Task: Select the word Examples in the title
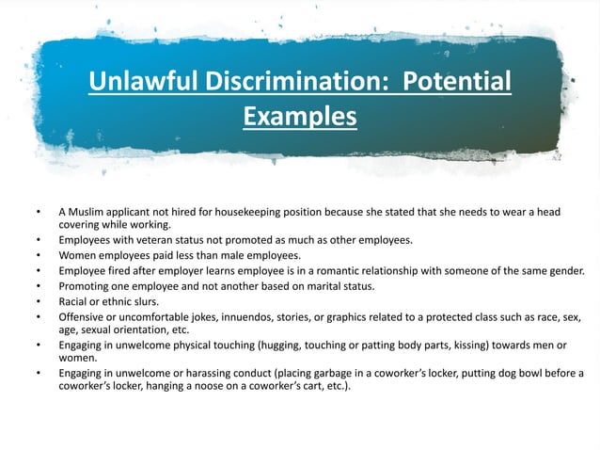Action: pos(300,117)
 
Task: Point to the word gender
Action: pos(563,270)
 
